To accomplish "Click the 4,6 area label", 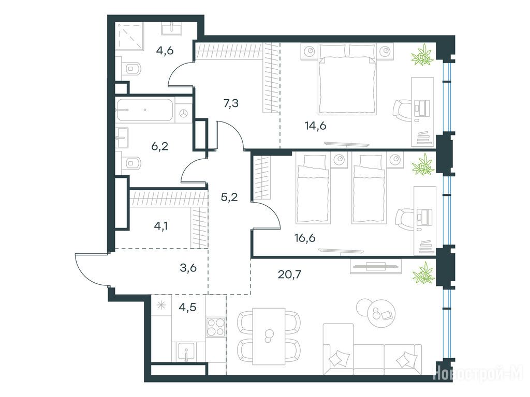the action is point(165,51).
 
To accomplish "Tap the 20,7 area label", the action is point(289,274).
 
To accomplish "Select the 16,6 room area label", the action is point(305,238).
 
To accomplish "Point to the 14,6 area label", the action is point(315,126).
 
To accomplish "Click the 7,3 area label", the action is point(231,103).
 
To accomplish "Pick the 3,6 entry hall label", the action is point(188,268).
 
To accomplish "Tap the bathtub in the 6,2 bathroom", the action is point(145,110).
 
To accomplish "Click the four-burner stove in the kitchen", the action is point(216,327).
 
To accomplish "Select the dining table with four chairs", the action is point(269,336).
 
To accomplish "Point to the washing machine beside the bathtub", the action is point(184,113).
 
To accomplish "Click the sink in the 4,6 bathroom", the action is point(172,28).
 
